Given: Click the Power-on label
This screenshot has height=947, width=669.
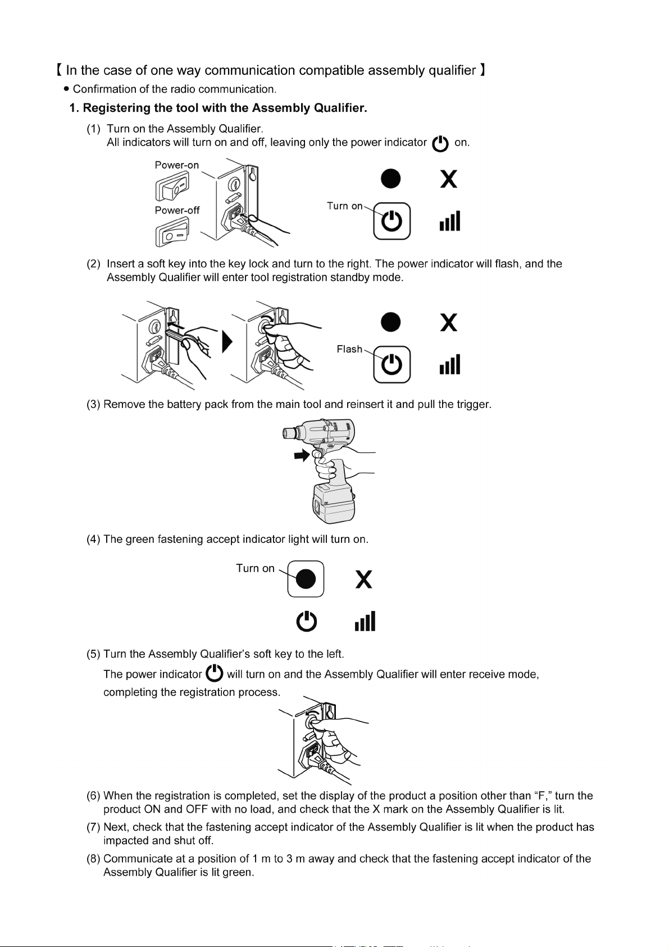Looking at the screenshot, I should (176, 165).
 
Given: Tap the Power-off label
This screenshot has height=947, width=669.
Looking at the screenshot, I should (177, 210).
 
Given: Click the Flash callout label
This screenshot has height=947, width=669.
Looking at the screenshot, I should (349, 349).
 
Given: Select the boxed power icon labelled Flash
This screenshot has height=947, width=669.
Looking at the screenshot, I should (392, 365).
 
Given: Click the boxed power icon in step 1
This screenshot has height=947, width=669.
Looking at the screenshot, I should (392, 221).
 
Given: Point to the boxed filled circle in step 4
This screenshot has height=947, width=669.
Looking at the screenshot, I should (306, 578).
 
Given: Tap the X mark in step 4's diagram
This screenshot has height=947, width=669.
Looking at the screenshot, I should (364, 579).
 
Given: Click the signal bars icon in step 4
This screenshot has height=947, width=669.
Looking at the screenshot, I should (365, 622).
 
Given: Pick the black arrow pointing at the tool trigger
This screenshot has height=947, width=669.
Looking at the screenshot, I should (302, 455).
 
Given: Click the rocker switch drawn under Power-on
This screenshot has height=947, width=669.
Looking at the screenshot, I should (172, 186).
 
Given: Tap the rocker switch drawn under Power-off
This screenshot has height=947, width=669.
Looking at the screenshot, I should (172, 233).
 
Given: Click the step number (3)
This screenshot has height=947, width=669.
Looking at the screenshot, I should (93, 404).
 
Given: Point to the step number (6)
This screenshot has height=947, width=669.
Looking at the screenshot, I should (93, 795).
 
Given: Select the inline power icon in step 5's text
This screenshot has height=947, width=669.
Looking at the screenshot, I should (215, 673).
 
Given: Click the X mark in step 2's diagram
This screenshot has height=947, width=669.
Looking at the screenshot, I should (448, 323).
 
